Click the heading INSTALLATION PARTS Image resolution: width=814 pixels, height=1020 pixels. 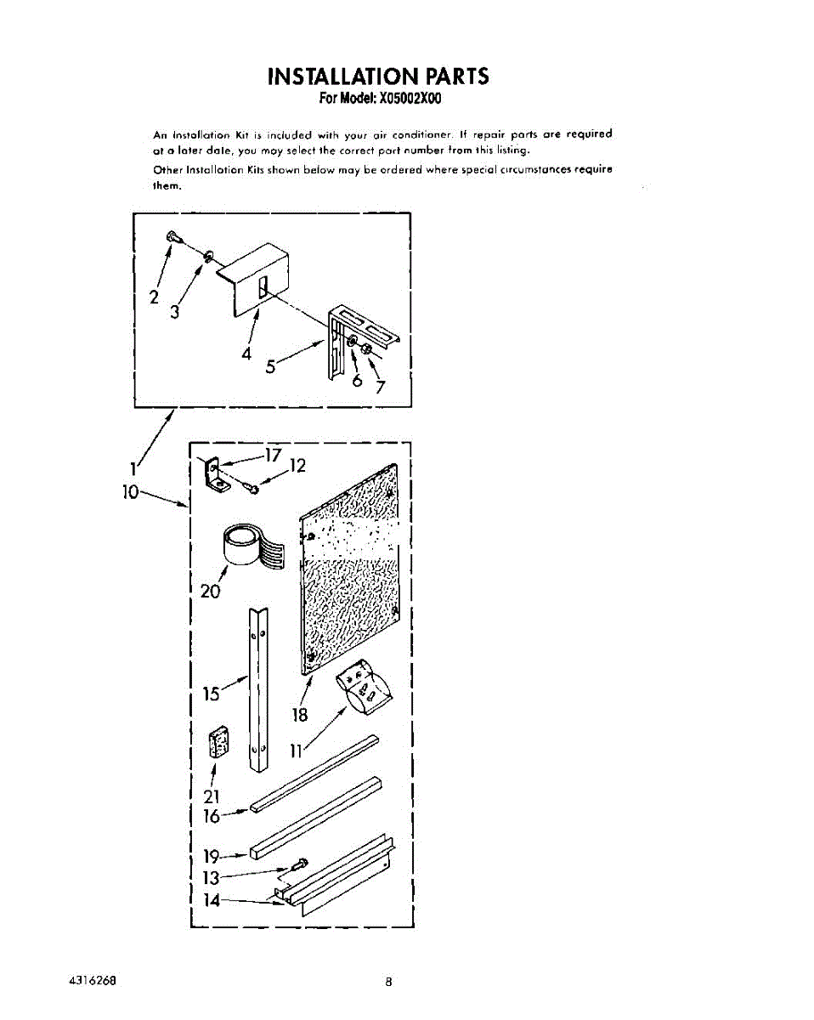tap(378, 76)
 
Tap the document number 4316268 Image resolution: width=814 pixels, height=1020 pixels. tap(91, 980)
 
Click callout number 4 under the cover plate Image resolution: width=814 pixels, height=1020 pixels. tap(246, 354)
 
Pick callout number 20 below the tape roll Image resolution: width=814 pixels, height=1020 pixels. tap(210, 591)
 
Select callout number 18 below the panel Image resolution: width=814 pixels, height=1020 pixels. tap(300, 715)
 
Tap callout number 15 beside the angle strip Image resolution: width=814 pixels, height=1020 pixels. tap(212, 694)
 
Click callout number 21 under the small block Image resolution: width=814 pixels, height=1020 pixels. tap(212, 796)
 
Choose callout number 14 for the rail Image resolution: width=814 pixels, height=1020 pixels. tap(211, 899)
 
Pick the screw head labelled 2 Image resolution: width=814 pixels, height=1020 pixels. tap(172, 237)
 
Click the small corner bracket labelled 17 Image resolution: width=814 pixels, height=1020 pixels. tap(215, 474)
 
